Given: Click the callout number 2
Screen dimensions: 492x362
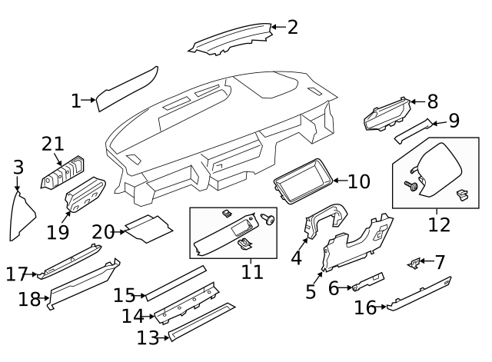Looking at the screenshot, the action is [292, 28].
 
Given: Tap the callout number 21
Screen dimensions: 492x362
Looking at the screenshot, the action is [53, 144].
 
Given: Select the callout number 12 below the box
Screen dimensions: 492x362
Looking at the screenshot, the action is [439, 224].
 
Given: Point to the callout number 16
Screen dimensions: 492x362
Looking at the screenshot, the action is [365, 307].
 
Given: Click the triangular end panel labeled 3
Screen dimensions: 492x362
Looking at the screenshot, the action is [22, 217].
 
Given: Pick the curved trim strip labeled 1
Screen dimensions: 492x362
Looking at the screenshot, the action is [127, 88].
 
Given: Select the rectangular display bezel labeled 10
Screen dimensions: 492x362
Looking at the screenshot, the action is [304, 181].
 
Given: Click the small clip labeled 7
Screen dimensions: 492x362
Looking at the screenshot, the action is [414, 263].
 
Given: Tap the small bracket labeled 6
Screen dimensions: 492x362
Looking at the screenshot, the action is [367, 282].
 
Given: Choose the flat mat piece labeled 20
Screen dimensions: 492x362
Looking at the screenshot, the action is [148, 229].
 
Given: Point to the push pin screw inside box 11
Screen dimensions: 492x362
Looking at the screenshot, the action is [268, 219].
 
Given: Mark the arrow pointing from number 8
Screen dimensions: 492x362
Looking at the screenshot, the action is [417, 101].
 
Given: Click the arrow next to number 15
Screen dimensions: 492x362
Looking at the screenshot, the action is [140, 295].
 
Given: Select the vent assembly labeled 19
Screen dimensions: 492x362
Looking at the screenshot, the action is [85, 194].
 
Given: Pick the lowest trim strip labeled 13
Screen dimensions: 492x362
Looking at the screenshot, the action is [201, 322].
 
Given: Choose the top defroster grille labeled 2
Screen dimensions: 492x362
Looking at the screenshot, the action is [231, 39].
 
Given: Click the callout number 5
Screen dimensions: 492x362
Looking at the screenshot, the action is [311, 291].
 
